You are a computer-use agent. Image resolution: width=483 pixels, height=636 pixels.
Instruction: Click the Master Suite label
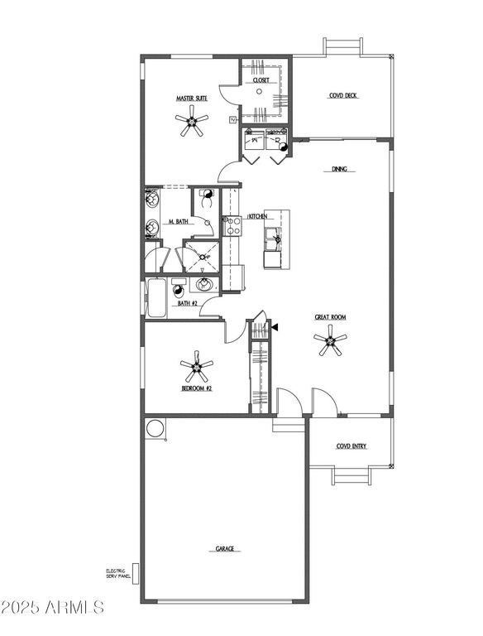pyautogui.click(x=191, y=99)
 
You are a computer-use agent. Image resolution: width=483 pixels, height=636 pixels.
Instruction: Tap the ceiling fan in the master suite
pyautogui.click(x=194, y=123)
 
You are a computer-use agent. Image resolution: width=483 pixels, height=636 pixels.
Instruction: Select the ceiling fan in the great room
pyautogui.click(x=332, y=341)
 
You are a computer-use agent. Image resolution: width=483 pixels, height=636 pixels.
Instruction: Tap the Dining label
pyautogui.click(x=340, y=170)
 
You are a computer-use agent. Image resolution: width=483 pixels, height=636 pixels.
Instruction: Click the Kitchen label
pyautogui.click(x=257, y=216)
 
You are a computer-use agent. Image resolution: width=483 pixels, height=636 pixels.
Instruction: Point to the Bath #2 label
pyautogui.click(x=188, y=304)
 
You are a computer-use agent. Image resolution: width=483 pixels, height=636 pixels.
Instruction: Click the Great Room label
pyautogui.click(x=329, y=317)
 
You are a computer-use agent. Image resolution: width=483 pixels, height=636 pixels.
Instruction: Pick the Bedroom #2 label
pyautogui.click(x=197, y=387)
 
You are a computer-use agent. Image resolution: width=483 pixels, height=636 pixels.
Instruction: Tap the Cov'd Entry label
pyautogui.click(x=351, y=446)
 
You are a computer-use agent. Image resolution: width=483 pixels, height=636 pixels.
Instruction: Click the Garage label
pyautogui.click(x=224, y=548)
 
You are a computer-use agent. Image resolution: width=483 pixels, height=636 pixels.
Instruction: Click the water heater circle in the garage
pyautogui.click(x=155, y=428)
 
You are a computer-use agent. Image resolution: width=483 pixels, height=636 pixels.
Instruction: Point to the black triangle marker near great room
pyautogui.click(x=275, y=328)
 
